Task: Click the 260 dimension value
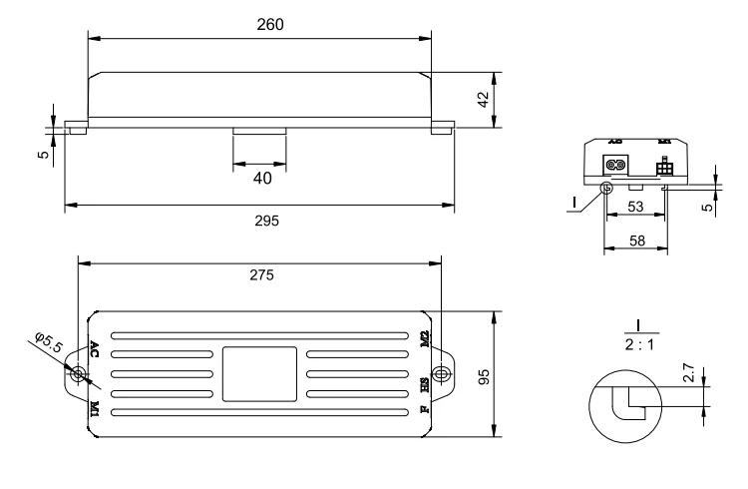point(260,25)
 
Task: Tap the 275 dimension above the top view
point(260,273)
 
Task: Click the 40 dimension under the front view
point(259,179)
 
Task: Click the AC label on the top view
point(95,348)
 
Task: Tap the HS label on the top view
point(424,383)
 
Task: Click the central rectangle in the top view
point(259,373)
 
